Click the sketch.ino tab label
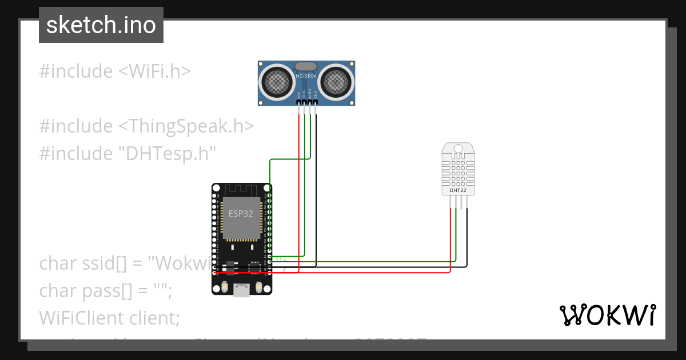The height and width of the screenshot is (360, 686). click(x=101, y=26)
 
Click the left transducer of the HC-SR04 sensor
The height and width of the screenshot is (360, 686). click(x=277, y=82)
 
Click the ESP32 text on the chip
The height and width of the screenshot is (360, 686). click(x=241, y=214)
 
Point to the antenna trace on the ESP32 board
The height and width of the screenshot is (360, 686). click(x=241, y=189)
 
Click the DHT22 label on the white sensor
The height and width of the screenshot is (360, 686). click(x=458, y=190)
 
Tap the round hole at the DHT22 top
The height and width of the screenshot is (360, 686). click(x=458, y=149)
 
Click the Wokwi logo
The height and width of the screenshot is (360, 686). click(x=607, y=315)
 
